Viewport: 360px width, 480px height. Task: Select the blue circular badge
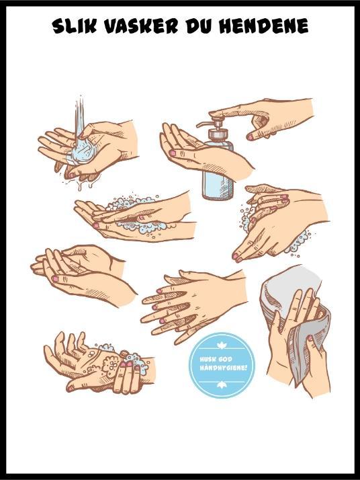click(x=222, y=365)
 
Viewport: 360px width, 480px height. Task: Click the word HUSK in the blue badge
click(x=207, y=359)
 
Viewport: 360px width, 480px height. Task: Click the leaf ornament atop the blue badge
click(x=220, y=346)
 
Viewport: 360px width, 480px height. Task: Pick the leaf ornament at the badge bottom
click(x=221, y=385)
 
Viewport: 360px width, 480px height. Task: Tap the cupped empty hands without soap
click(x=83, y=274)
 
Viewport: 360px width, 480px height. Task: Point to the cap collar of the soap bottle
click(x=218, y=134)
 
